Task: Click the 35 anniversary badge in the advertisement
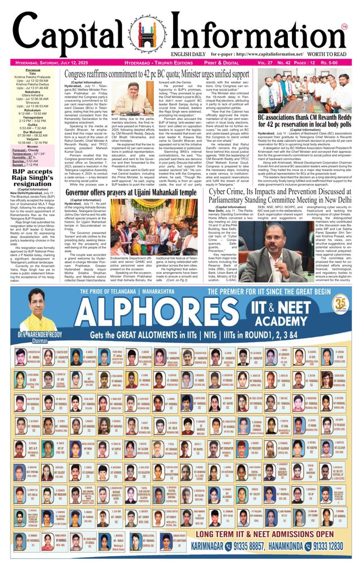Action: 339,303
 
